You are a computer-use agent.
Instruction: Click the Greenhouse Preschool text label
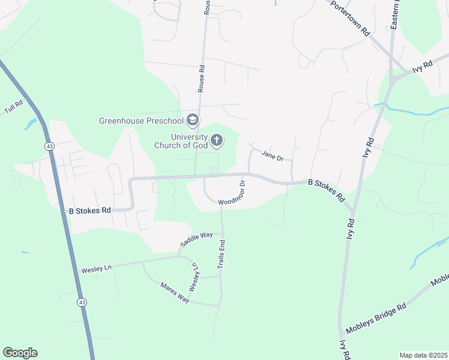tap(142, 121)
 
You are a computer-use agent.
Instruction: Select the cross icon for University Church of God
tap(217, 141)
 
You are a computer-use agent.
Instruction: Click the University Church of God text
tap(181, 141)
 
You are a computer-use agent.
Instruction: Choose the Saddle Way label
tap(197, 239)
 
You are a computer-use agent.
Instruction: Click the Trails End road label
tap(221, 254)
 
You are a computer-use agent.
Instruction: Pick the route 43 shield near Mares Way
tap(80, 302)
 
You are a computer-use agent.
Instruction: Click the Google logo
tap(20, 353)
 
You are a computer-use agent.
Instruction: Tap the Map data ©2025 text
tap(423, 355)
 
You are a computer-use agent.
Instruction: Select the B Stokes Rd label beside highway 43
tap(90, 211)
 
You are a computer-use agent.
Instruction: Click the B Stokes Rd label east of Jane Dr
tap(327, 190)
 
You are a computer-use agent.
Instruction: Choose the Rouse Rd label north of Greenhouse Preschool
tap(202, 79)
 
